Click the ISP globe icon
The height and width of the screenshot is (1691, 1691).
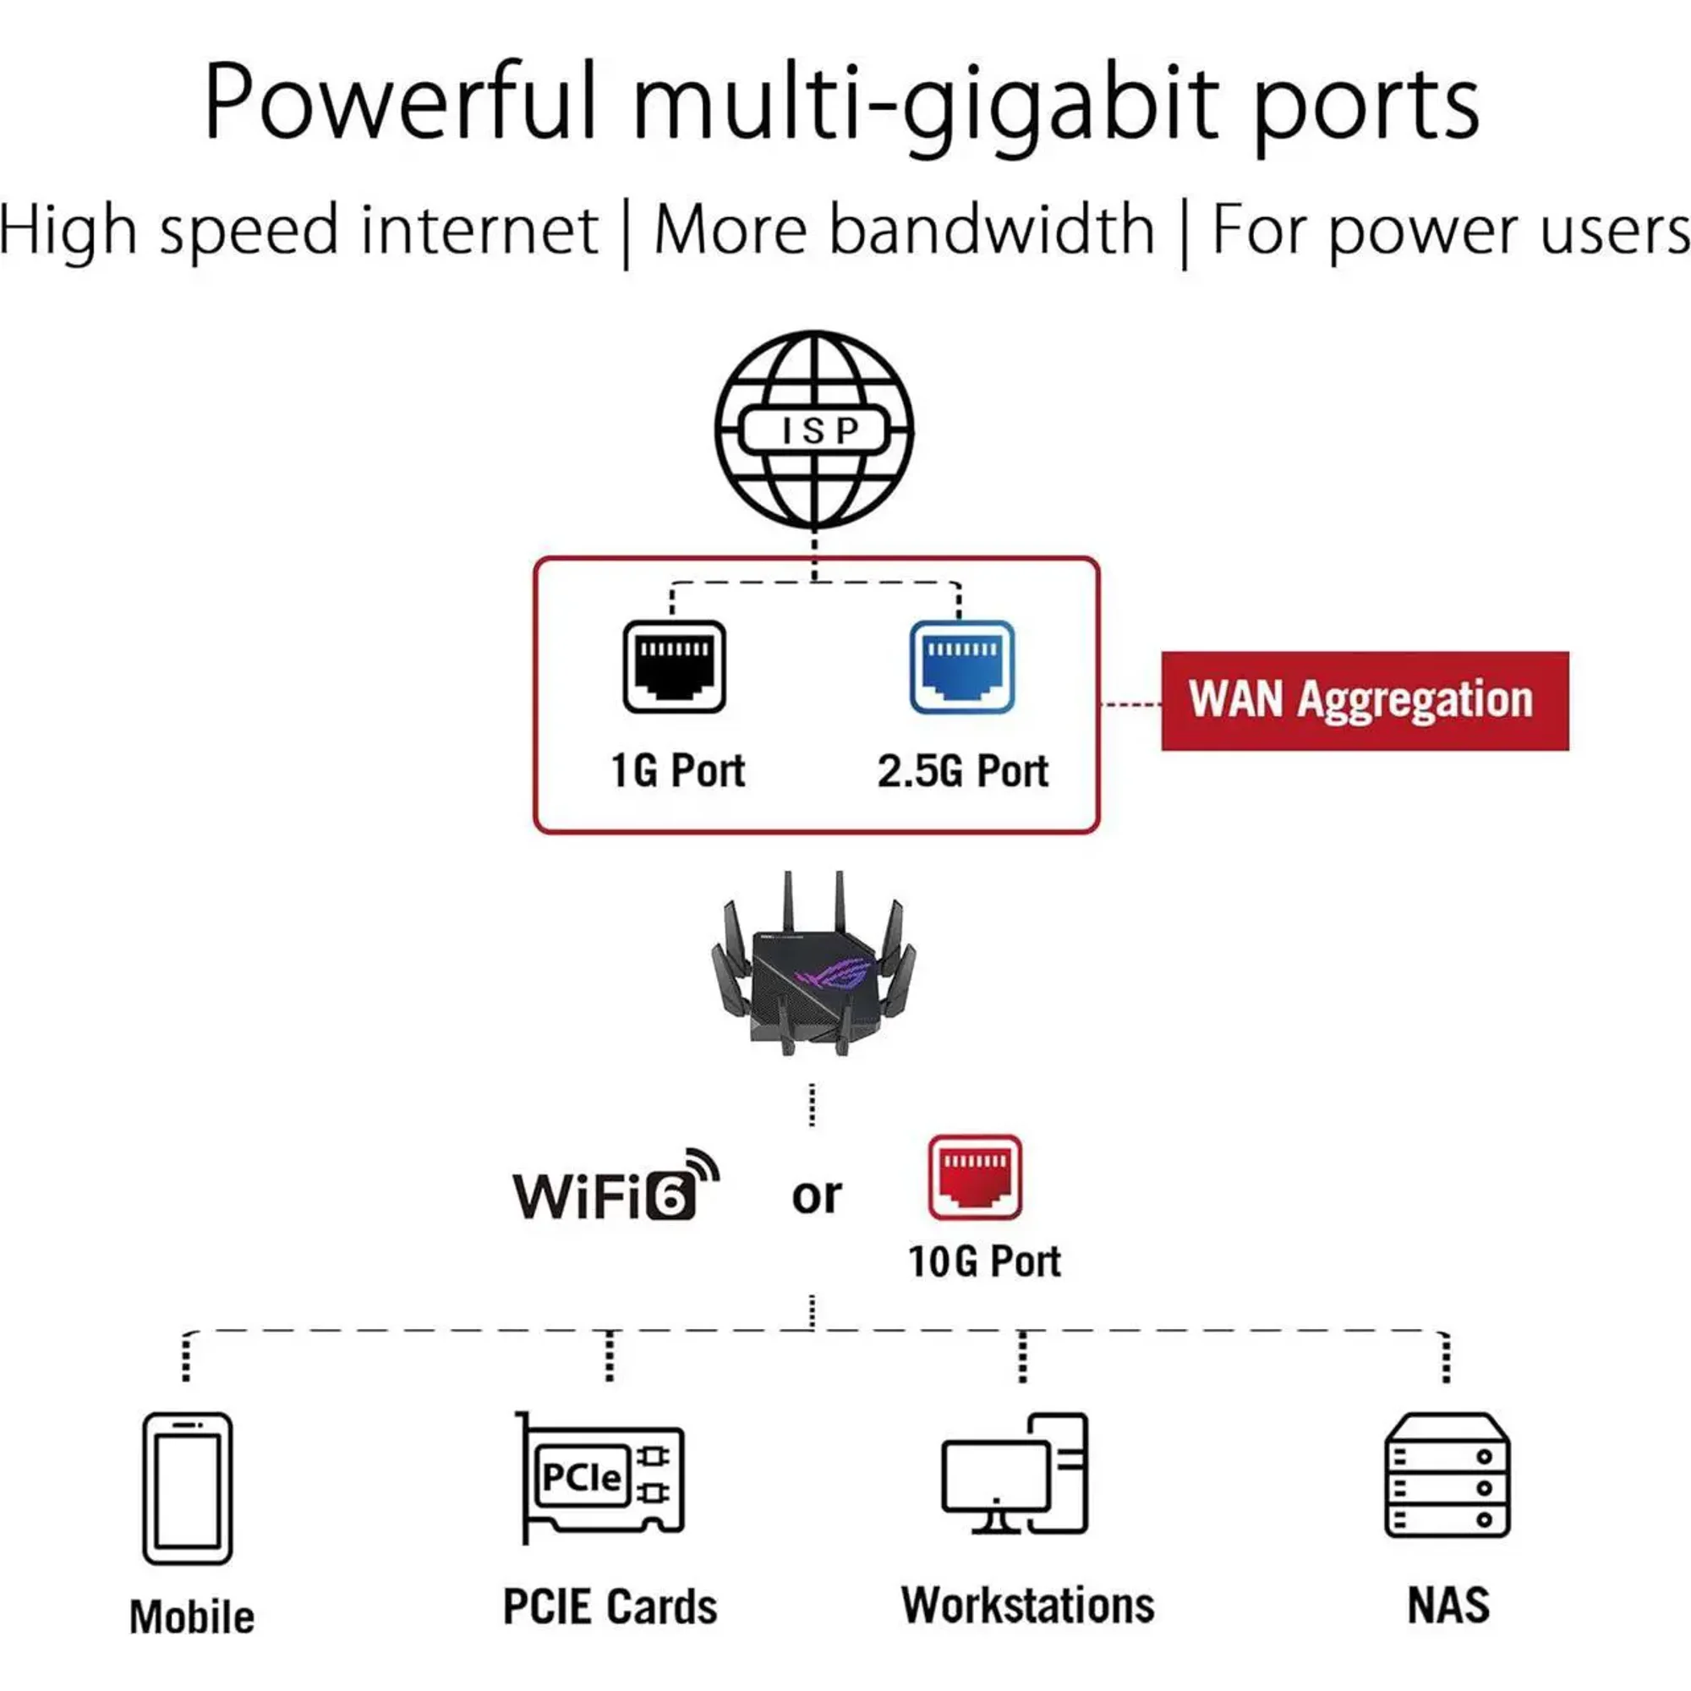pos(814,429)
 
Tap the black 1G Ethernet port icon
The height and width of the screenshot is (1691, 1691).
pos(674,666)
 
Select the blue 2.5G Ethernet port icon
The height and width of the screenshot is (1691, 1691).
pos(962,666)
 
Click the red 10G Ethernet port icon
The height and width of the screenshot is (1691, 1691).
pos(975,1177)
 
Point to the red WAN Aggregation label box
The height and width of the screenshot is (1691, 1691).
pos(1365,700)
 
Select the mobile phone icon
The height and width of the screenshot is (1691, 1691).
pos(188,1488)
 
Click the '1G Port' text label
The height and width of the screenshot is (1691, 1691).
pos(677,771)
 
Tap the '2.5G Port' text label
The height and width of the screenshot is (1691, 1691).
pos(963,771)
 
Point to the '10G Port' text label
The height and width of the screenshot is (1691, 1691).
pos(984,1261)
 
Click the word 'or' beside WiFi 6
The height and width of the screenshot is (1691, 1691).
pos(816,1196)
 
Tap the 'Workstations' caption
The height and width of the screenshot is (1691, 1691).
pos(1027,1606)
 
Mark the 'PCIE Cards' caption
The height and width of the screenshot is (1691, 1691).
pos(610,1607)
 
